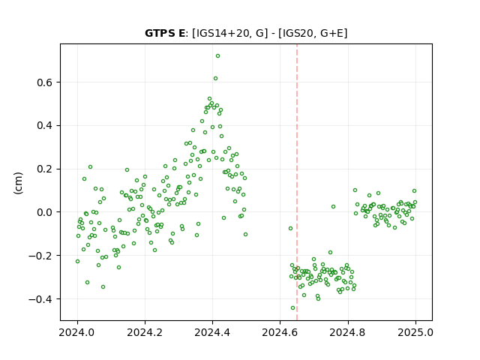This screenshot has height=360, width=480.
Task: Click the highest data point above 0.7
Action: coord(217,56)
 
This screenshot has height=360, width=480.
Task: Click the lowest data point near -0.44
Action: coord(293,308)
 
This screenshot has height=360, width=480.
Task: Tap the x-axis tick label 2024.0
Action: coord(77,332)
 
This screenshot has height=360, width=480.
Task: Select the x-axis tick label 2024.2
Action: coord(145,332)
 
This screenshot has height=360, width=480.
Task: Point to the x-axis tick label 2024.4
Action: coord(212,332)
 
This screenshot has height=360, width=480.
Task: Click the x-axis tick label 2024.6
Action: coord(280,332)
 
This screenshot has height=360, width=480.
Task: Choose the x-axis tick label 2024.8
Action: coord(348,332)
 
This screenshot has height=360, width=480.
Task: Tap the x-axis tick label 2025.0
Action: coord(415,332)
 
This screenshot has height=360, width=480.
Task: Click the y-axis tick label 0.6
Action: coord(44,82)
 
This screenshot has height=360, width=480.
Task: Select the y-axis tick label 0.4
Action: coord(44,126)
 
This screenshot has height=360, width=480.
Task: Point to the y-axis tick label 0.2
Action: coord(44,169)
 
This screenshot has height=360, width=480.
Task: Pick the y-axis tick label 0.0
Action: coord(44,212)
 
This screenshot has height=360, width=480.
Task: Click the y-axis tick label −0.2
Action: coord(40,256)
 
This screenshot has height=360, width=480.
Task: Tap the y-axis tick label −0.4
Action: coord(40,299)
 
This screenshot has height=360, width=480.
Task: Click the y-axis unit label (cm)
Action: coord(18,183)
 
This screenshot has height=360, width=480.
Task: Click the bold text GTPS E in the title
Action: coord(165,33)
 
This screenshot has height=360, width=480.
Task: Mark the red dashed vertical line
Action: coord(297,182)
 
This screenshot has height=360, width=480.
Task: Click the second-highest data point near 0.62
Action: coord(215,79)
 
